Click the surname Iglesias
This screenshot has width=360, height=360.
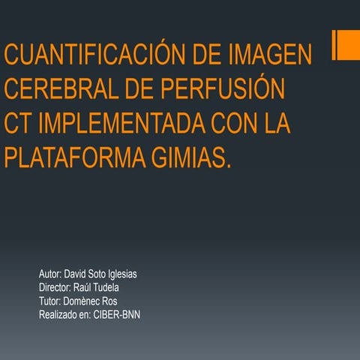tap(120, 274)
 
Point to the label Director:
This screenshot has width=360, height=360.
tap(55, 288)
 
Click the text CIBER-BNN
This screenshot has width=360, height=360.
tap(117, 315)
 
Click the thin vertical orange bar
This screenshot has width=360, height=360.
tap(334, 45)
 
